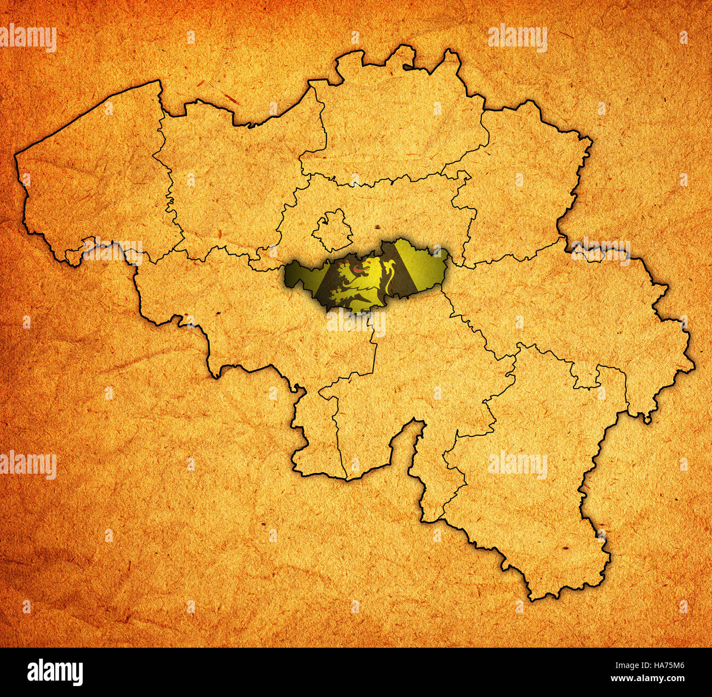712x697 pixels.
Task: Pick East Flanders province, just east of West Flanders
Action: pos(230,181)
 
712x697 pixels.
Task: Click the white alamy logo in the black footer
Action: pos(55,672)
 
